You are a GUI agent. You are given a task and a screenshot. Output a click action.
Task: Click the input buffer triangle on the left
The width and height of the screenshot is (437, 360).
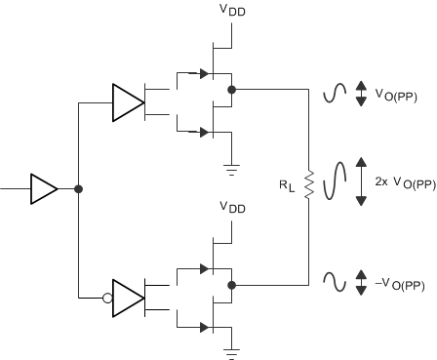44,189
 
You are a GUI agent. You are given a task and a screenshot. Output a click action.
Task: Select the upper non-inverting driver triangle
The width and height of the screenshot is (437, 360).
127,100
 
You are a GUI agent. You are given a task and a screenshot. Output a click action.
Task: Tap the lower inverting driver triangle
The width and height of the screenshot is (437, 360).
128,295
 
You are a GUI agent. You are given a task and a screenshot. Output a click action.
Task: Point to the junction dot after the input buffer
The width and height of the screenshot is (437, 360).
78,189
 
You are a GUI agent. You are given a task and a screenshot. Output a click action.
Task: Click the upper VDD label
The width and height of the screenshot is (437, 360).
230,15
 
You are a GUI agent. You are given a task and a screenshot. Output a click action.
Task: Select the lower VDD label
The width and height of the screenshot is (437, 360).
230,208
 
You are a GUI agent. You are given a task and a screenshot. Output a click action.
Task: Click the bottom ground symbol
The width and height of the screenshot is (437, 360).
230,348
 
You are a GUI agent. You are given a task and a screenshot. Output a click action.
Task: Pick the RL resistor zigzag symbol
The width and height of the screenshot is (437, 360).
308,184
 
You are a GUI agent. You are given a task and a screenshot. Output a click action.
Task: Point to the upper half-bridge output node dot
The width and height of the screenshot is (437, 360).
231,89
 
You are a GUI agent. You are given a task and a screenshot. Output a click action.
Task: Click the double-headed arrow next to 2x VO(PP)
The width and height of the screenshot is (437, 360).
361,181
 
